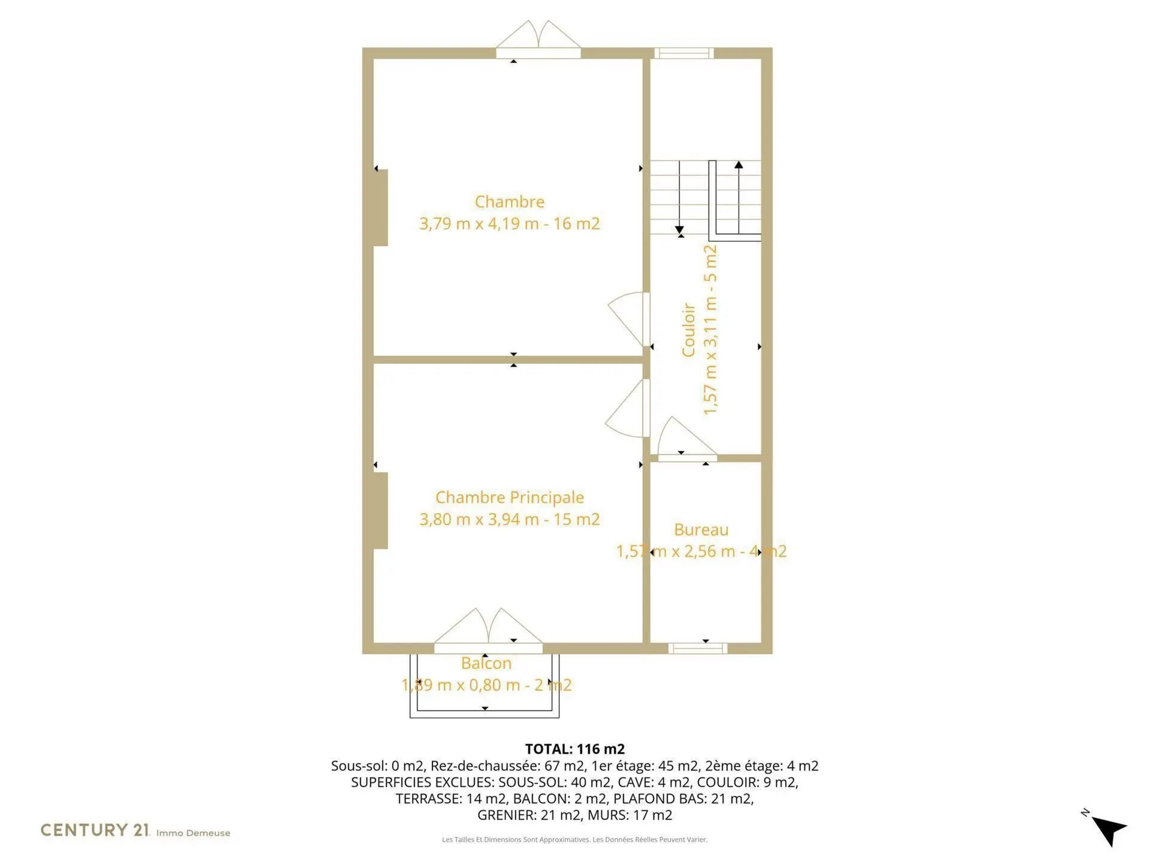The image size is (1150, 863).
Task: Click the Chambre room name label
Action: point(510,201)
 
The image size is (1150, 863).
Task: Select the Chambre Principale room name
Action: point(510,497)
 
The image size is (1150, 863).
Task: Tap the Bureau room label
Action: point(701,530)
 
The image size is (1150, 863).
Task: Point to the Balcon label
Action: point(486,663)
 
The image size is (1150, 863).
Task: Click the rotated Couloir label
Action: point(688,330)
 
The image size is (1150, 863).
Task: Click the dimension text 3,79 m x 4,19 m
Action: point(479,224)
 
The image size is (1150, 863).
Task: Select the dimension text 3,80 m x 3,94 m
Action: point(479,519)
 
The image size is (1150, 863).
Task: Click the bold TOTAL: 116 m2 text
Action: point(575,749)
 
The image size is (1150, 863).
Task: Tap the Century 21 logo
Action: point(95,830)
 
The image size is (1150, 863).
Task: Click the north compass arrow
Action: point(1109,829)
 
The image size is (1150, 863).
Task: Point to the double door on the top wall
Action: point(538,40)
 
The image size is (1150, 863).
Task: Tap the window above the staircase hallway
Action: point(683,53)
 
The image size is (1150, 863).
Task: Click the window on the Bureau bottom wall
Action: point(698,648)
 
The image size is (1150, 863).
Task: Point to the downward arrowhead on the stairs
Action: point(679,230)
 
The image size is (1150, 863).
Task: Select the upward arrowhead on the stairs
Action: point(739,164)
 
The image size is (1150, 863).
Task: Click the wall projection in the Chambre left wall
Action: point(380,208)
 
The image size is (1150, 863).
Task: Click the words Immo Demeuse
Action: point(193,833)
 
